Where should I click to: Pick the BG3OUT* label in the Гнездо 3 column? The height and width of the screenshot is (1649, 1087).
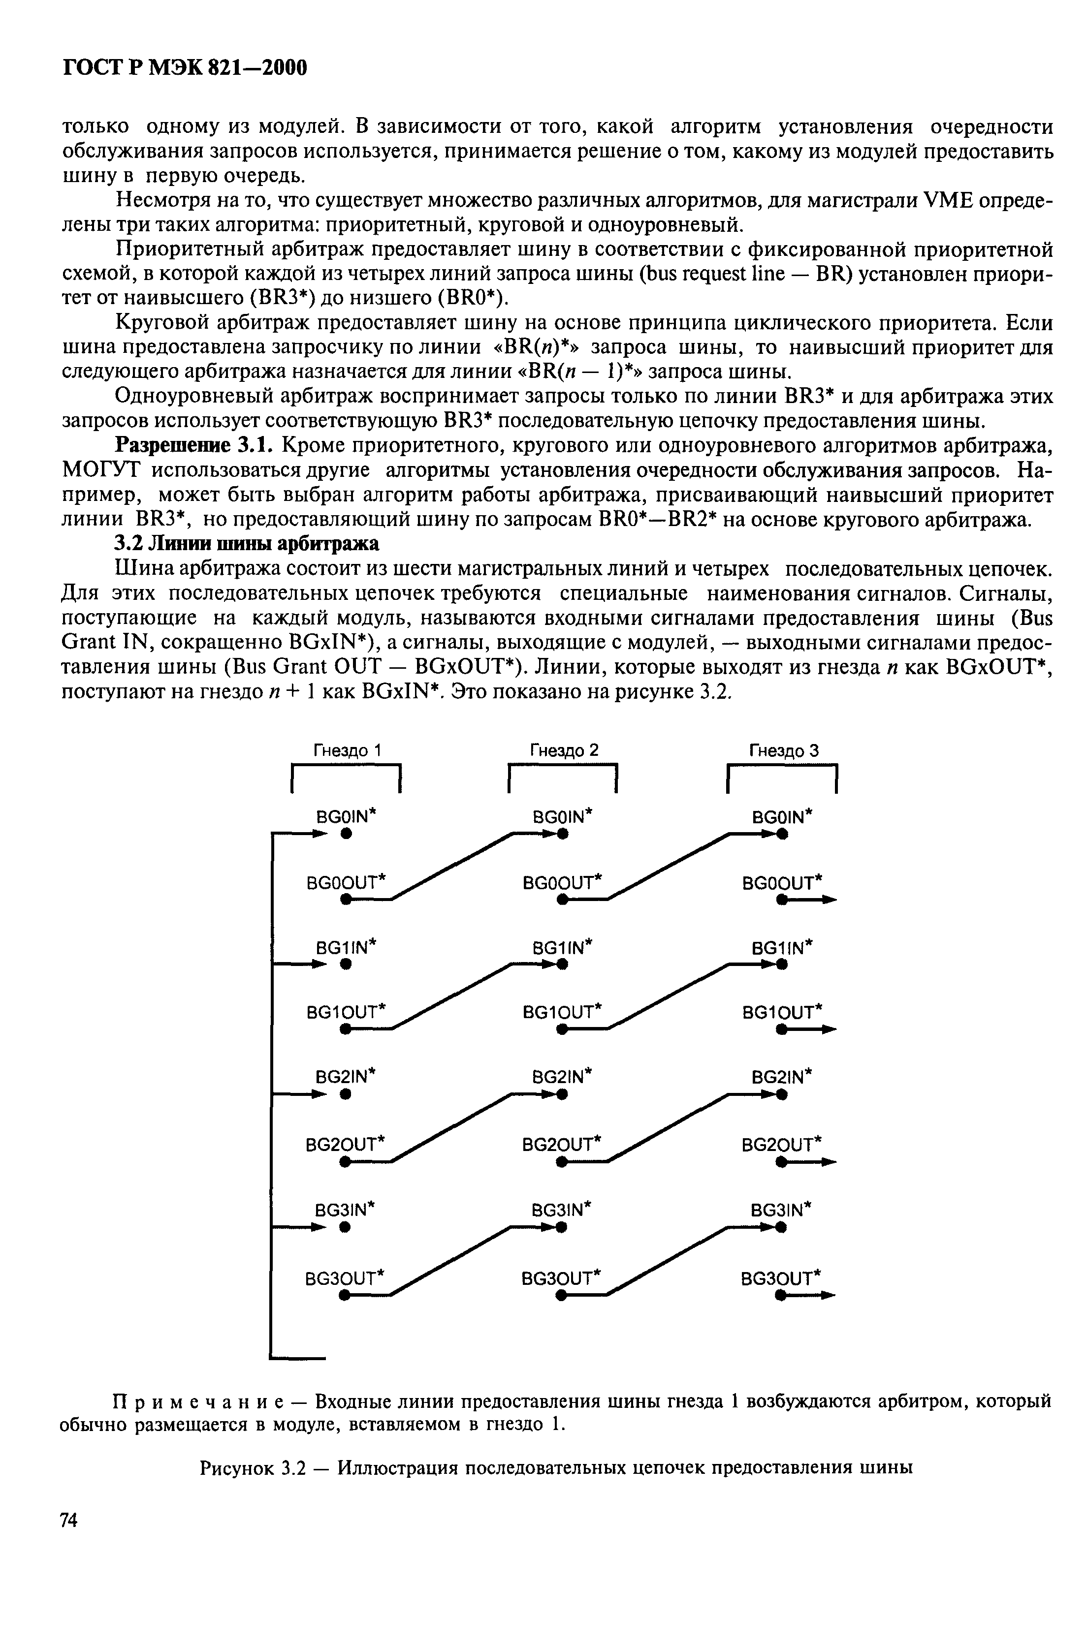pyautogui.click(x=781, y=1277)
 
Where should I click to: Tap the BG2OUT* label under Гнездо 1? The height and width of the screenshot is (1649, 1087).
pyautogui.click(x=345, y=1143)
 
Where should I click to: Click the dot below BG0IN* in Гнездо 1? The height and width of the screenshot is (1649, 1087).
pyautogui.click(x=344, y=835)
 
